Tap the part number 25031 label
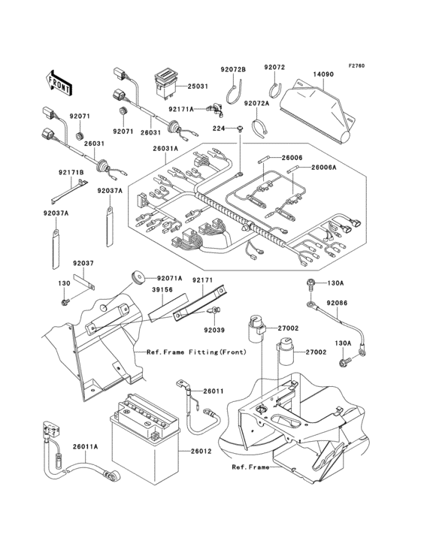pyautogui.click(x=198, y=86)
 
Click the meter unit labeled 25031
pyautogui.click(x=164, y=80)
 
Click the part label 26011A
pyautogui.click(x=85, y=447)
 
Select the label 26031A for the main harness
pyautogui.click(x=165, y=149)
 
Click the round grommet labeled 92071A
pyautogui.click(x=138, y=278)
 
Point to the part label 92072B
pyautogui.click(x=233, y=69)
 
